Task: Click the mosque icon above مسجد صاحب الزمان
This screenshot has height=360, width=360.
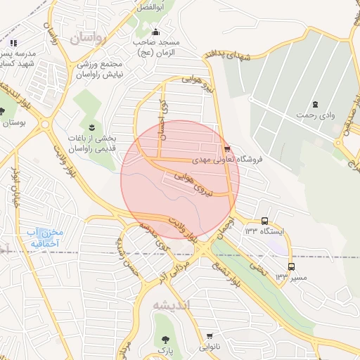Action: coord(156,32)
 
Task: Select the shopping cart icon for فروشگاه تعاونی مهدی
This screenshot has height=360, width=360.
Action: coord(226,149)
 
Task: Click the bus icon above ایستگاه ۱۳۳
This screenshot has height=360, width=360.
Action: coord(264,221)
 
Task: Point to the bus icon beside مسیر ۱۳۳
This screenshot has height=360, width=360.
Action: coord(291,266)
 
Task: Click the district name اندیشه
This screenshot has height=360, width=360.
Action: coord(171,304)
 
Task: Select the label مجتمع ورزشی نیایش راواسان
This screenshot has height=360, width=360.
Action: coord(101,69)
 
